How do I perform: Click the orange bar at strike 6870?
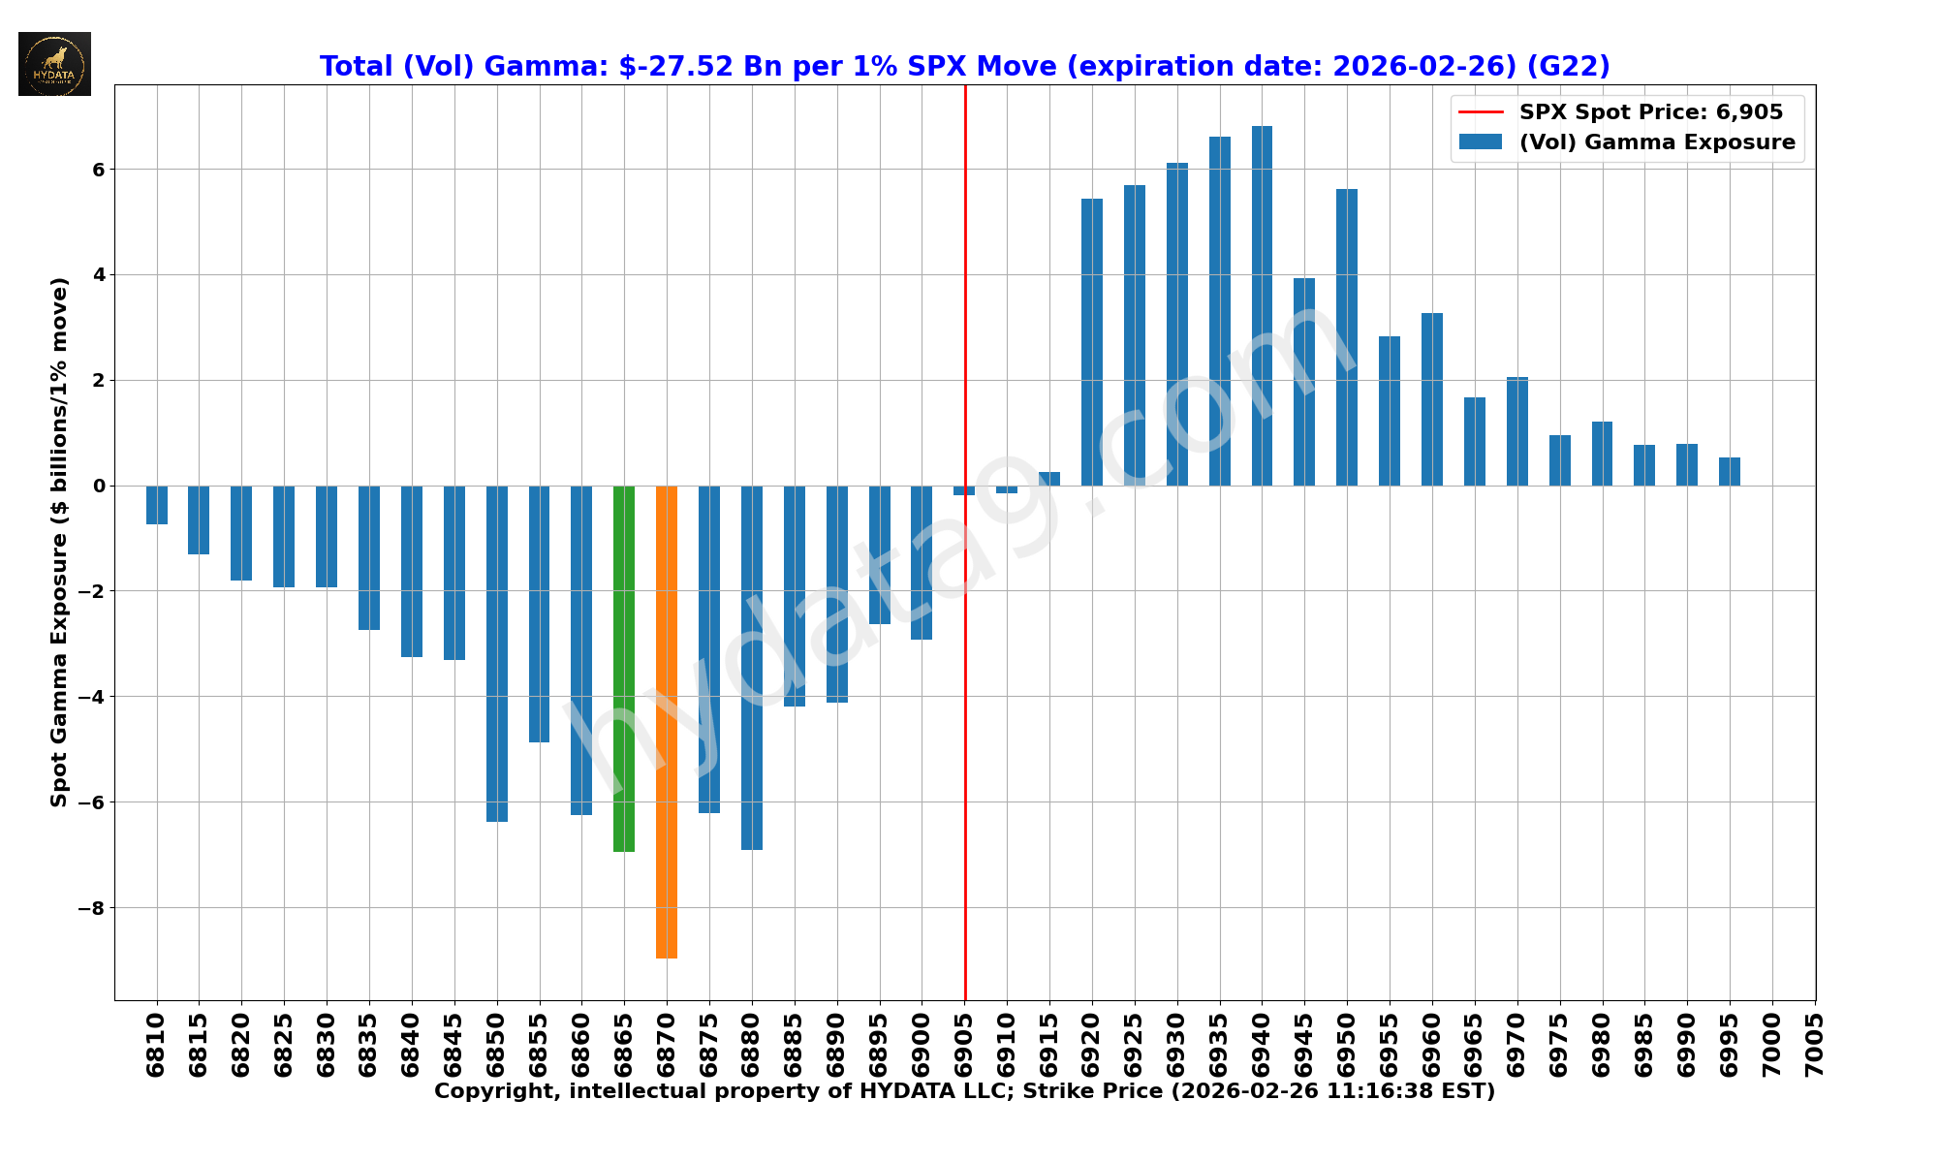[x=667, y=722]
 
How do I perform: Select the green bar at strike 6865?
[x=624, y=669]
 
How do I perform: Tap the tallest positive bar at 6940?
[x=1262, y=305]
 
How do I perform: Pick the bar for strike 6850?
[x=496, y=654]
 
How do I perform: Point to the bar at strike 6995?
[x=1730, y=472]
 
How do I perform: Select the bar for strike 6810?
[x=157, y=505]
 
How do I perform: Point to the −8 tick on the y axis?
[x=92, y=908]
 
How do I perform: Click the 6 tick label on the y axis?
[x=98, y=170]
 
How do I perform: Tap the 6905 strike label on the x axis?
[x=965, y=1045]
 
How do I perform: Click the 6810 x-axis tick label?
[x=157, y=1045]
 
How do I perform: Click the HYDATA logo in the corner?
[x=55, y=64]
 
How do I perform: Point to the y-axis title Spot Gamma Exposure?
[x=60, y=542]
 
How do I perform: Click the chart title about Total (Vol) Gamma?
[x=964, y=66]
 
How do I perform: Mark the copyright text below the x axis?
[x=964, y=1091]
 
